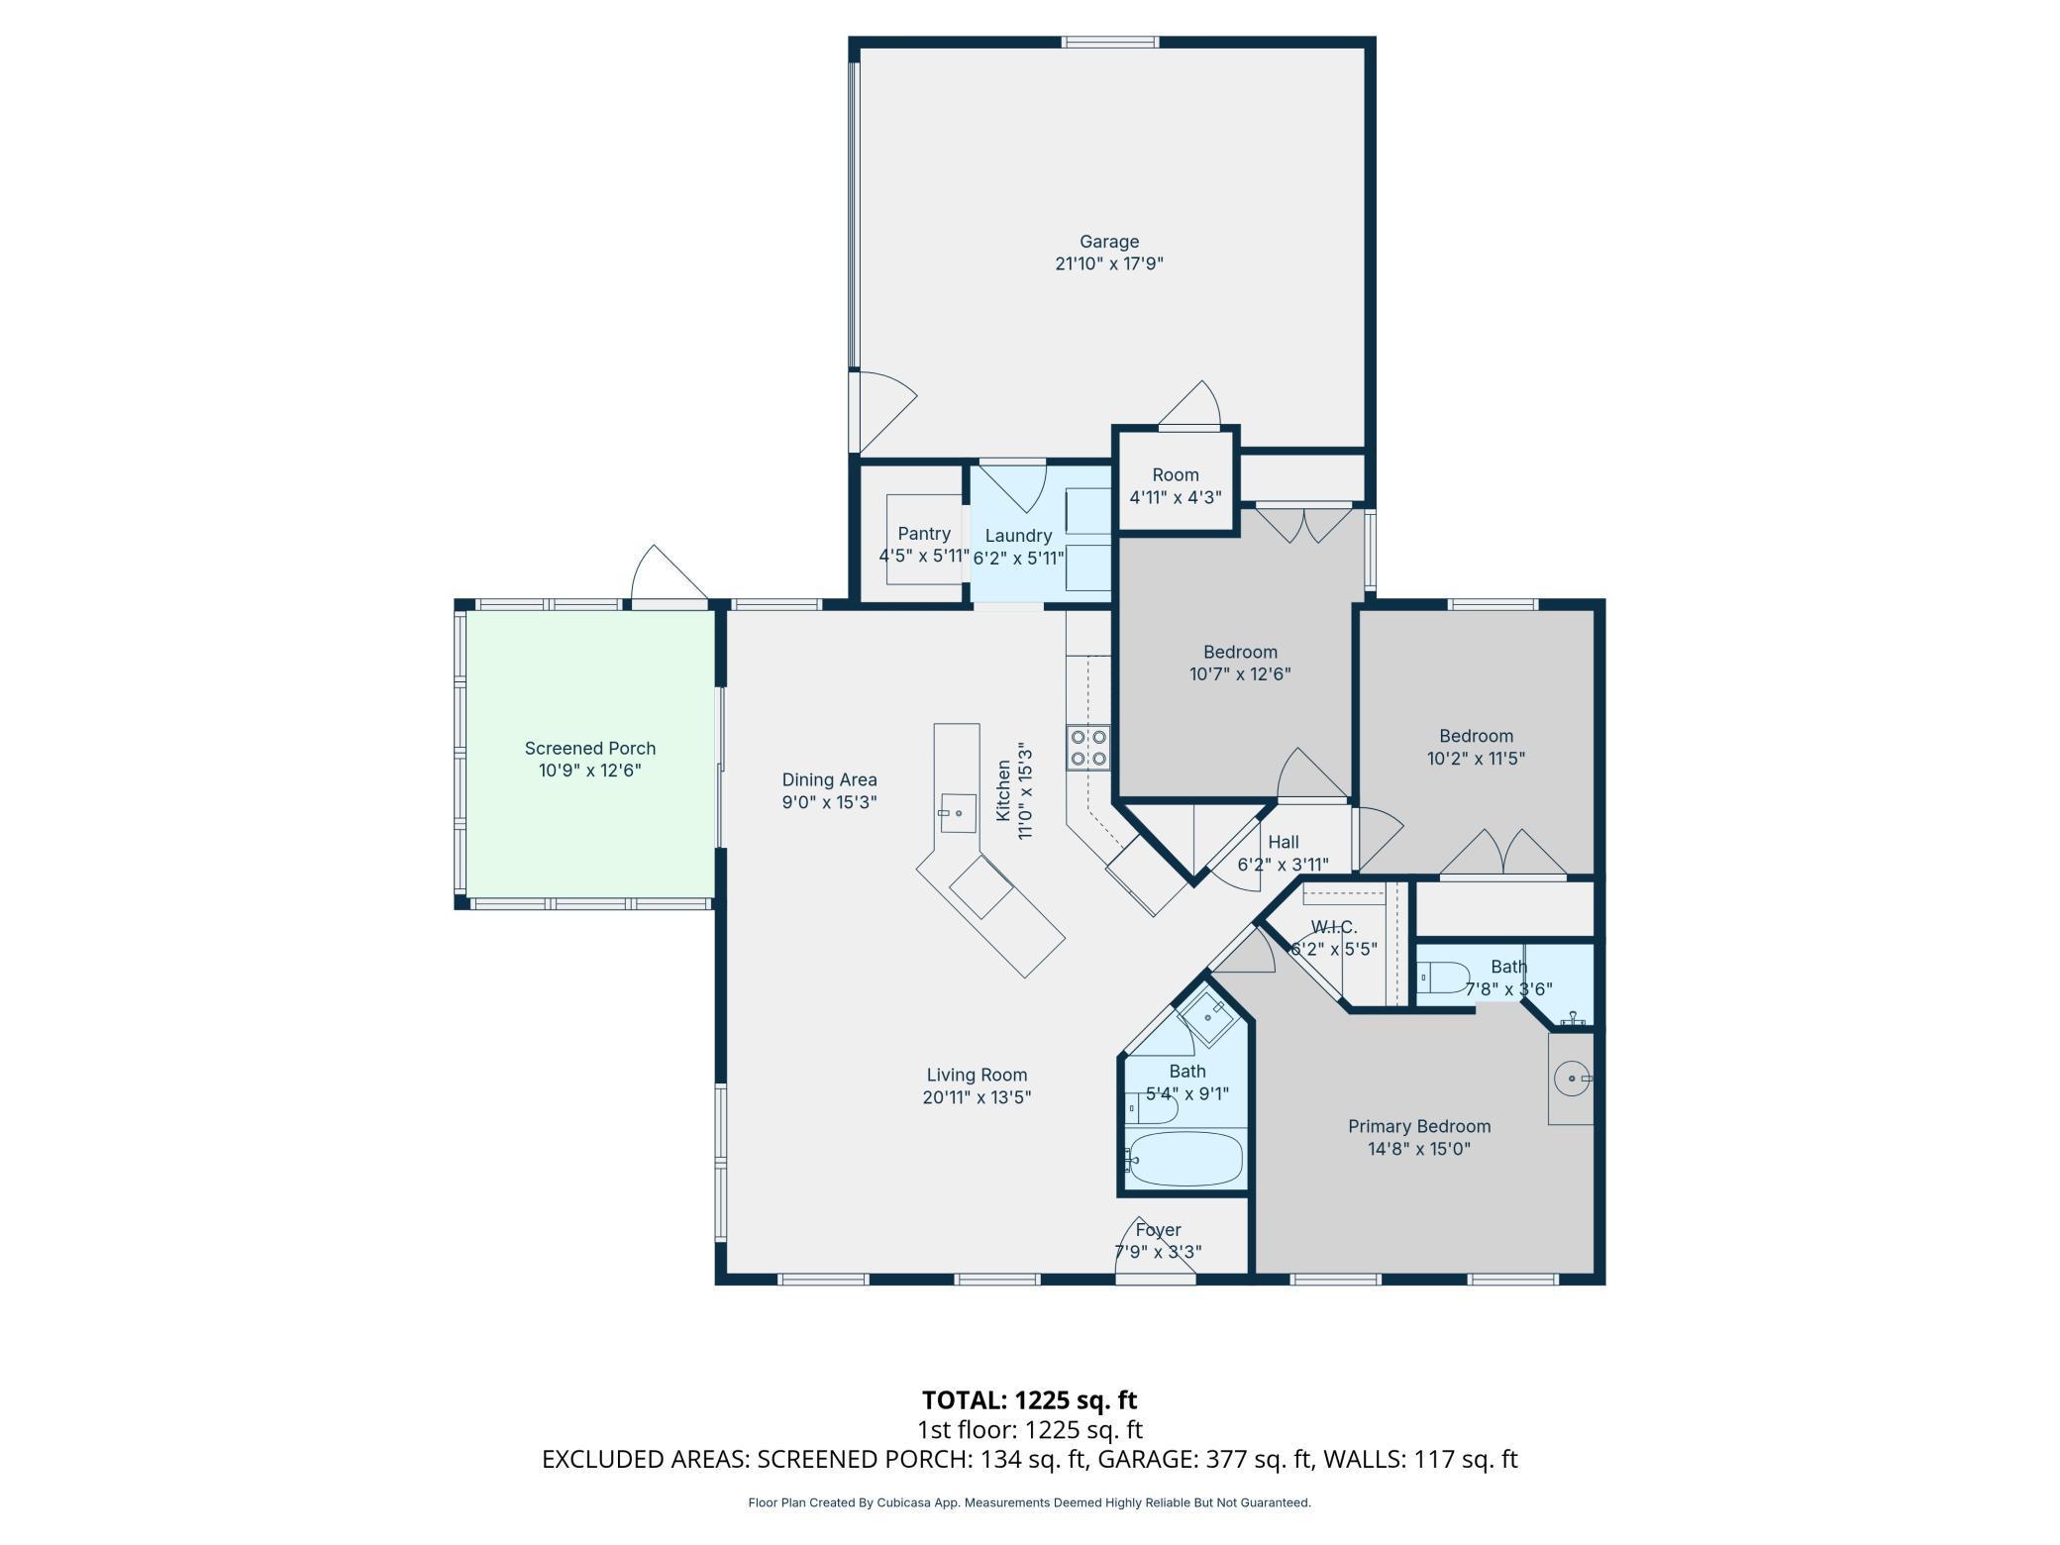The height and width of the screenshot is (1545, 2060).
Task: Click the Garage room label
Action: click(1109, 242)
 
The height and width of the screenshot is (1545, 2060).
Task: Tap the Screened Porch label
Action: click(590, 749)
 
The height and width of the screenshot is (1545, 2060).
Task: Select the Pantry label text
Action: click(924, 534)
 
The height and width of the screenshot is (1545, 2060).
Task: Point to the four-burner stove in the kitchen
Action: click(1088, 748)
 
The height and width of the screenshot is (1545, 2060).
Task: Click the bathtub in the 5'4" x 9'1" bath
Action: click(1184, 1160)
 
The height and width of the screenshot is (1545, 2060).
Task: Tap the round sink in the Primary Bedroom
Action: click(1572, 1077)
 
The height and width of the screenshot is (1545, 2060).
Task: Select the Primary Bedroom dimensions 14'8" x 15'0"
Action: click(1419, 1149)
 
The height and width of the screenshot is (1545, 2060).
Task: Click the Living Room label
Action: click(977, 1075)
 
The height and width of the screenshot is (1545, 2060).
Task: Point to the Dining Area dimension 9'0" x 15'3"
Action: click(830, 802)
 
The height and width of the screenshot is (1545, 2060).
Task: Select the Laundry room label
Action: click(1018, 536)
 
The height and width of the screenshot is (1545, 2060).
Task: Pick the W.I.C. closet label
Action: click(1333, 927)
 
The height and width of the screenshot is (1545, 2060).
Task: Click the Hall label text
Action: click(1284, 842)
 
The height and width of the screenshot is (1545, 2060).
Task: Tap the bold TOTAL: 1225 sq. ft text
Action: click(1030, 1399)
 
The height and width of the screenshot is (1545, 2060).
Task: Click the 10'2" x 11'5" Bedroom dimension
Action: click(1476, 759)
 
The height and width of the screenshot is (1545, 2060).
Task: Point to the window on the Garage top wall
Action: click(1110, 42)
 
